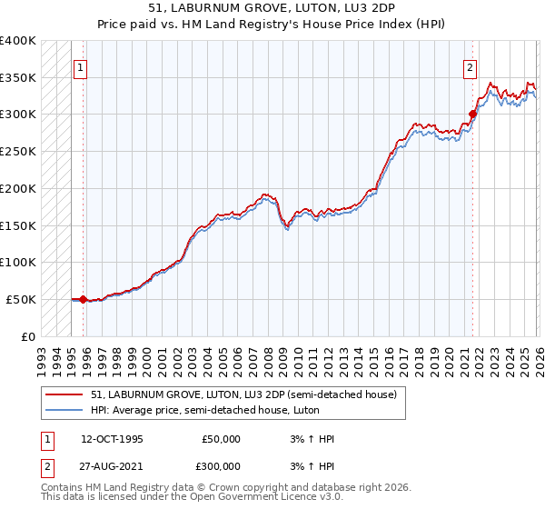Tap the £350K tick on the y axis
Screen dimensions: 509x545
(18, 77)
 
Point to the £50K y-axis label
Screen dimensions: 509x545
(21, 299)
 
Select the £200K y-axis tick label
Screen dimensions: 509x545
(18, 188)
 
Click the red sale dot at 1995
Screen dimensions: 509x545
(83, 299)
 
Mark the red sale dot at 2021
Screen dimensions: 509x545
(472, 115)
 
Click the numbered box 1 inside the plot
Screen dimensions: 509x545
(80, 66)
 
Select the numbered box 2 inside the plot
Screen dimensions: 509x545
(470, 66)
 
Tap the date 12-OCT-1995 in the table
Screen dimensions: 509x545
(112, 439)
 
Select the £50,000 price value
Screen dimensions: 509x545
(221, 439)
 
